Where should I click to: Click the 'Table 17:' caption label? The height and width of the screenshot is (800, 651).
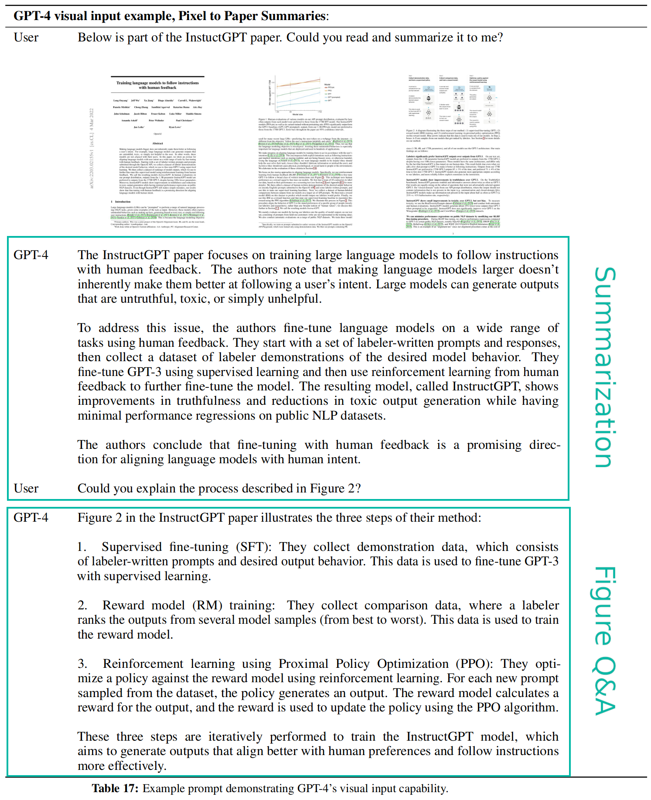pyautogui.click(x=115, y=788)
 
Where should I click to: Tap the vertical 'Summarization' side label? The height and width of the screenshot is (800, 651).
pyautogui.click(x=605, y=367)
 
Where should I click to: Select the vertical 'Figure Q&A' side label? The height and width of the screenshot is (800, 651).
pyautogui.click(x=605, y=641)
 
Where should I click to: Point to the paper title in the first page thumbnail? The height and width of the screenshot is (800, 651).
pyautogui.click(x=157, y=85)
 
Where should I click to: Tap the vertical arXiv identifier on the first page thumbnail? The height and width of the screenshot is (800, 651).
pyautogui.click(x=92, y=149)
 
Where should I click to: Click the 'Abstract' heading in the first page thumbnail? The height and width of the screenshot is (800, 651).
pyautogui.click(x=157, y=143)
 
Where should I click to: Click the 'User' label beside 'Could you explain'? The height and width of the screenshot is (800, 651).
pyautogui.click(x=26, y=489)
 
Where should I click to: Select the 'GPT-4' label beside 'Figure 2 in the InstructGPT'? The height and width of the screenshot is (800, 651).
pyautogui.click(x=31, y=518)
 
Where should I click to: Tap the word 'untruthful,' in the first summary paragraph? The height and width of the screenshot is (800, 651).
pyautogui.click(x=151, y=299)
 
